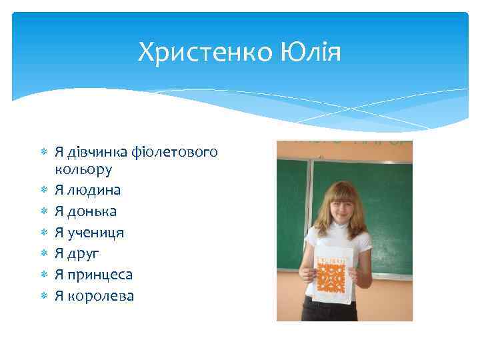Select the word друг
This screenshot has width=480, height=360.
84,253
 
